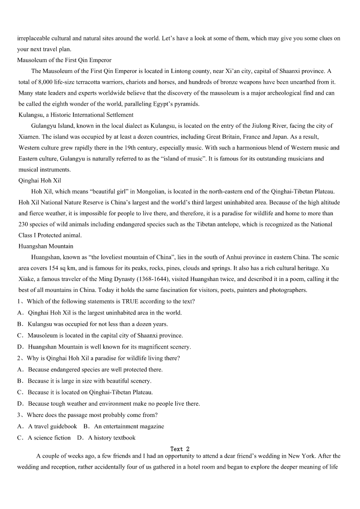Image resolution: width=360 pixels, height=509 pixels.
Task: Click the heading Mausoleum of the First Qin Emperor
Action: coord(64,60)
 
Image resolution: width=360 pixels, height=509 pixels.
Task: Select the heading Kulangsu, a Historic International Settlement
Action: coord(76,115)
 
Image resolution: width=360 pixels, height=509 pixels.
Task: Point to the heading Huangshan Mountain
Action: coord(46,246)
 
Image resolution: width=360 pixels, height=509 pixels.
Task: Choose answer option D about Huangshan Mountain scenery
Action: coord(109,347)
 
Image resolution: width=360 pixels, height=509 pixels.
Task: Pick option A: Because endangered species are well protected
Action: coord(95,369)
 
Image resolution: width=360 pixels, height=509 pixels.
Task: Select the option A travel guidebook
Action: coord(52,427)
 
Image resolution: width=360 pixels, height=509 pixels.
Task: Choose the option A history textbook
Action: coord(112,438)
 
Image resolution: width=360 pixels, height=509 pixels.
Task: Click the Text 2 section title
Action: coord(180,449)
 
